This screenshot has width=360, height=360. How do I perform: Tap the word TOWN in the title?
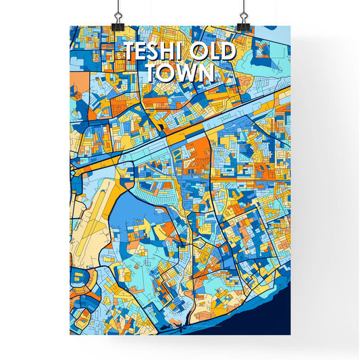tap(179, 72)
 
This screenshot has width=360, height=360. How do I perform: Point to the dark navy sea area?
tap(270, 317)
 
